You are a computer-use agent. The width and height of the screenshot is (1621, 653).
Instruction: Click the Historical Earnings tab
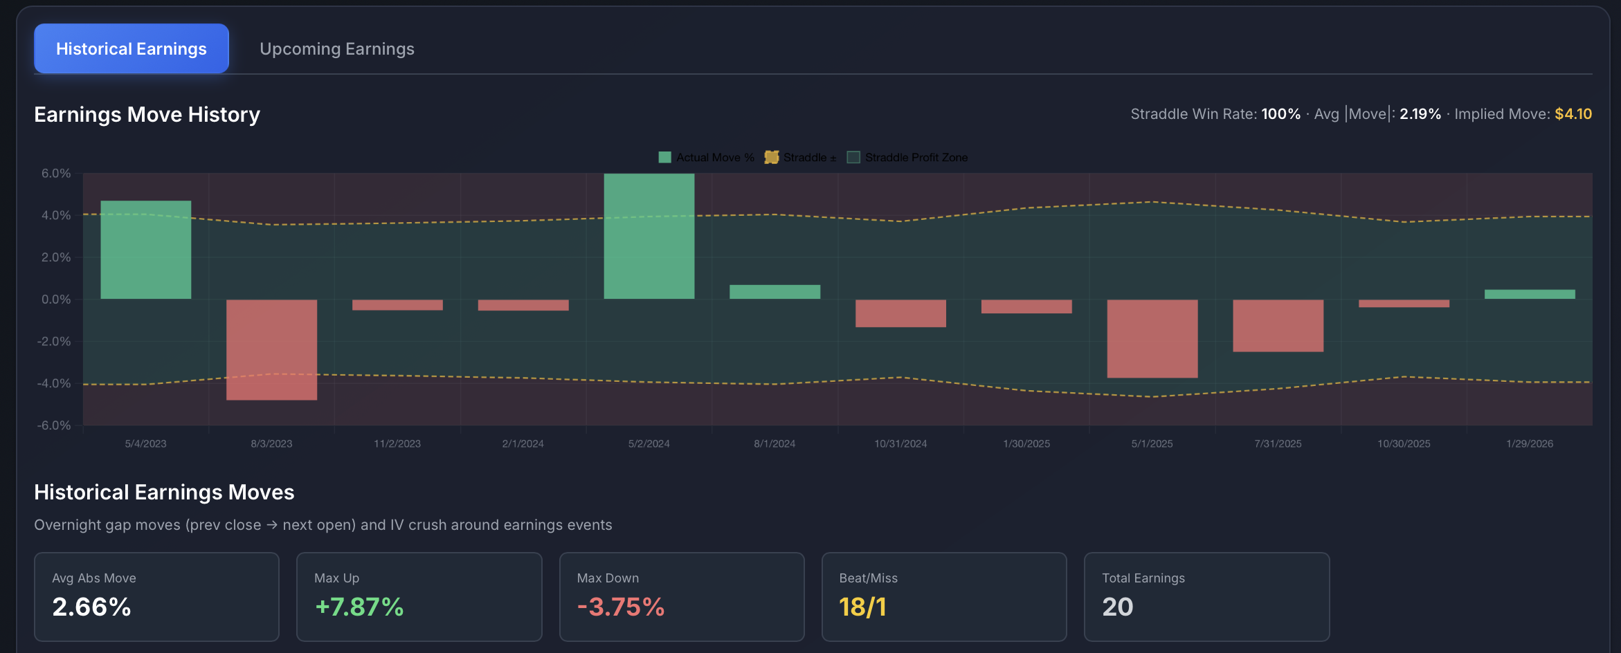(132, 49)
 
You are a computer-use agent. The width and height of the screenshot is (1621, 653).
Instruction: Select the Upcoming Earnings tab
(337, 49)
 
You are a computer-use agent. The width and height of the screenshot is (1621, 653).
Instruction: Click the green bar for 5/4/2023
(145, 250)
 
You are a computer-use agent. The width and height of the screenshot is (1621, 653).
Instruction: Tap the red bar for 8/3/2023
(271, 349)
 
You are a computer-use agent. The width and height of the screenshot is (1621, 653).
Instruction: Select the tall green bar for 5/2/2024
(649, 236)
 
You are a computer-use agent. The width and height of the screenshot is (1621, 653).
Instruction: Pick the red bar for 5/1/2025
(1152, 338)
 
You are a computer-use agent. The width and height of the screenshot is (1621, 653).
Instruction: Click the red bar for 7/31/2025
(1278, 325)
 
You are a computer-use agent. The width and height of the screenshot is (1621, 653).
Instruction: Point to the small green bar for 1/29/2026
(1530, 294)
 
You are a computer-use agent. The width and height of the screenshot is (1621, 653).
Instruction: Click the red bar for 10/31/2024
(900, 313)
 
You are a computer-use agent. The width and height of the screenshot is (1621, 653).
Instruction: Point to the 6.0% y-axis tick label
(56, 174)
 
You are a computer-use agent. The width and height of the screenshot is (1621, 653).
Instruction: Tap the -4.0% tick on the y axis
(54, 383)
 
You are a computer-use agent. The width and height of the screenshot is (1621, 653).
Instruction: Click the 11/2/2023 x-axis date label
(397, 443)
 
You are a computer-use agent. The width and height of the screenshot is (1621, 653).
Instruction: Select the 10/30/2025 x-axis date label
(1404, 443)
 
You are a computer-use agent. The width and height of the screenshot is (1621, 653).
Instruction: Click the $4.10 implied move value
(1573, 114)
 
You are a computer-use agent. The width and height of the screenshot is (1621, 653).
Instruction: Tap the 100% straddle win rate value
(1280, 114)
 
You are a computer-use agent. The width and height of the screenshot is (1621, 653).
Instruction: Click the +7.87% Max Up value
(359, 607)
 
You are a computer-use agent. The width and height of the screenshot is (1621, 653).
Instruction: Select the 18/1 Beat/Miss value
(862, 607)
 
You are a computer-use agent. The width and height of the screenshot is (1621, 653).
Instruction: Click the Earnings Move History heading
(147, 114)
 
